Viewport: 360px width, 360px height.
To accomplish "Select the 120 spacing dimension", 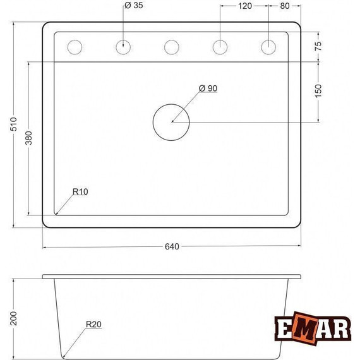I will (x=244, y=6).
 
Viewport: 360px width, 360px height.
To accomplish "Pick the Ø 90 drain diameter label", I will (x=208, y=88).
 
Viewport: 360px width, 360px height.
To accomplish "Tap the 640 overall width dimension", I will (x=172, y=246).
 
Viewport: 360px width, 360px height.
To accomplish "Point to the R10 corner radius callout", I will (x=80, y=191).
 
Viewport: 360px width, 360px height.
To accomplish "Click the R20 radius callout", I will (x=93, y=326).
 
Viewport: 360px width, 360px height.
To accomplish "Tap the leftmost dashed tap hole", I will (x=75, y=47).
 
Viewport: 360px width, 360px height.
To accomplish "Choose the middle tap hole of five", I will (x=171, y=47).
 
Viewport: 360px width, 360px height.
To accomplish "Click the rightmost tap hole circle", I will (x=268, y=47).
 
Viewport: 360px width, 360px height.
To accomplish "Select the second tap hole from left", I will (x=124, y=47).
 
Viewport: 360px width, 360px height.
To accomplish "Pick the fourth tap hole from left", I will (x=220, y=47).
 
